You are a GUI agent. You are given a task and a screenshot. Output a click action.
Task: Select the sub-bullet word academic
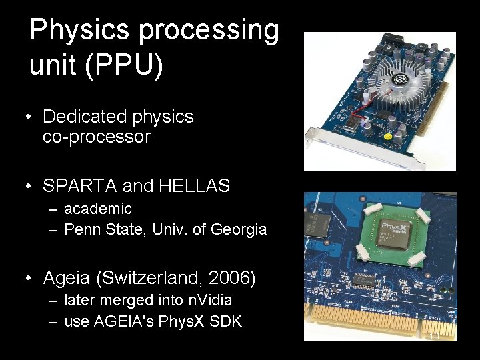(98, 209)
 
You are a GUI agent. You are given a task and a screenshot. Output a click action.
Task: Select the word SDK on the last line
(226, 321)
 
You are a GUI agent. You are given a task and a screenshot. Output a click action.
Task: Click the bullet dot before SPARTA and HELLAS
(29, 186)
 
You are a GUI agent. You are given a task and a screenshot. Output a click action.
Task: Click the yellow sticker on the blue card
(387, 137)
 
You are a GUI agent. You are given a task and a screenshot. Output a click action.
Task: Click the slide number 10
(434, 337)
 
